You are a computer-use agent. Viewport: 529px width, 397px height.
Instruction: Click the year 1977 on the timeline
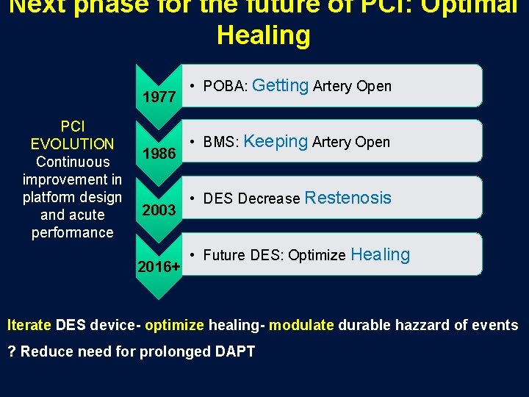pos(159,97)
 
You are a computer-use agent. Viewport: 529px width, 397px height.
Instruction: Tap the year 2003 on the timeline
pos(159,210)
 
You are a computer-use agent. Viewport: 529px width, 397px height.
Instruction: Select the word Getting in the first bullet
pos(280,85)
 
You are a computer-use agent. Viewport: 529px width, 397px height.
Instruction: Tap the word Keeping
pos(275,141)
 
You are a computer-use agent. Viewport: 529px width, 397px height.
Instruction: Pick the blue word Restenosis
pos(348,198)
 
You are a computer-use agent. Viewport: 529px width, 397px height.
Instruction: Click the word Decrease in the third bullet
pos(269,198)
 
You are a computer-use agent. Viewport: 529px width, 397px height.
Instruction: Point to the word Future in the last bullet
pos(224,256)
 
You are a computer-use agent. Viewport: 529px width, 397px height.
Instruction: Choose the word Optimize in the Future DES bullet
pos(317,256)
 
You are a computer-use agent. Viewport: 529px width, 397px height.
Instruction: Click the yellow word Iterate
pos(29,325)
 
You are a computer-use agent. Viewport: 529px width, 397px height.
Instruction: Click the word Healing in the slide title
pos(264,35)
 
